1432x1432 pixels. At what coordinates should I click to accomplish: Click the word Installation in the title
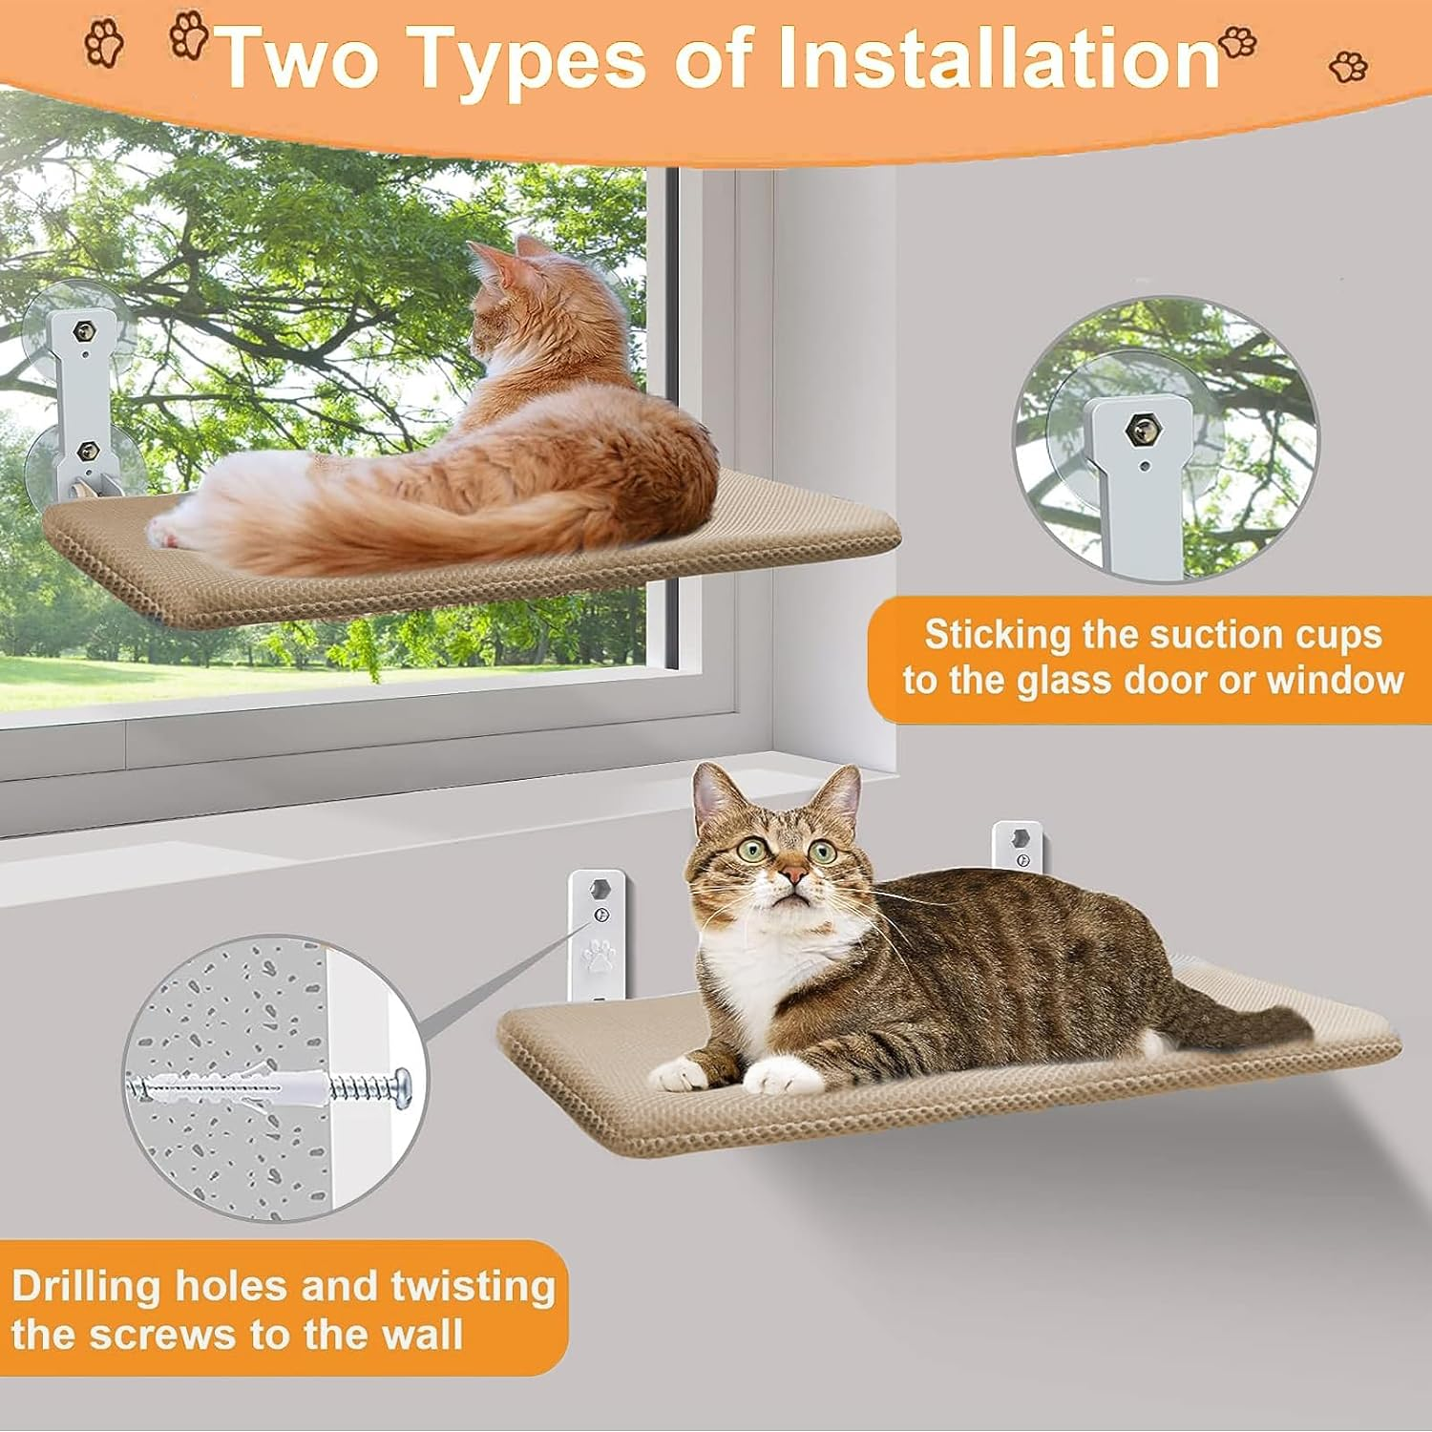(x=999, y=59)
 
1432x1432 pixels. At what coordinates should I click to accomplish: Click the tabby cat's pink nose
(x=791, y=875)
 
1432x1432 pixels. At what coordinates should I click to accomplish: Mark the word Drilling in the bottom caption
(x=87, y=1286)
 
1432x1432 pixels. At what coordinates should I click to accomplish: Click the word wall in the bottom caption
(x=423, y=1334)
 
